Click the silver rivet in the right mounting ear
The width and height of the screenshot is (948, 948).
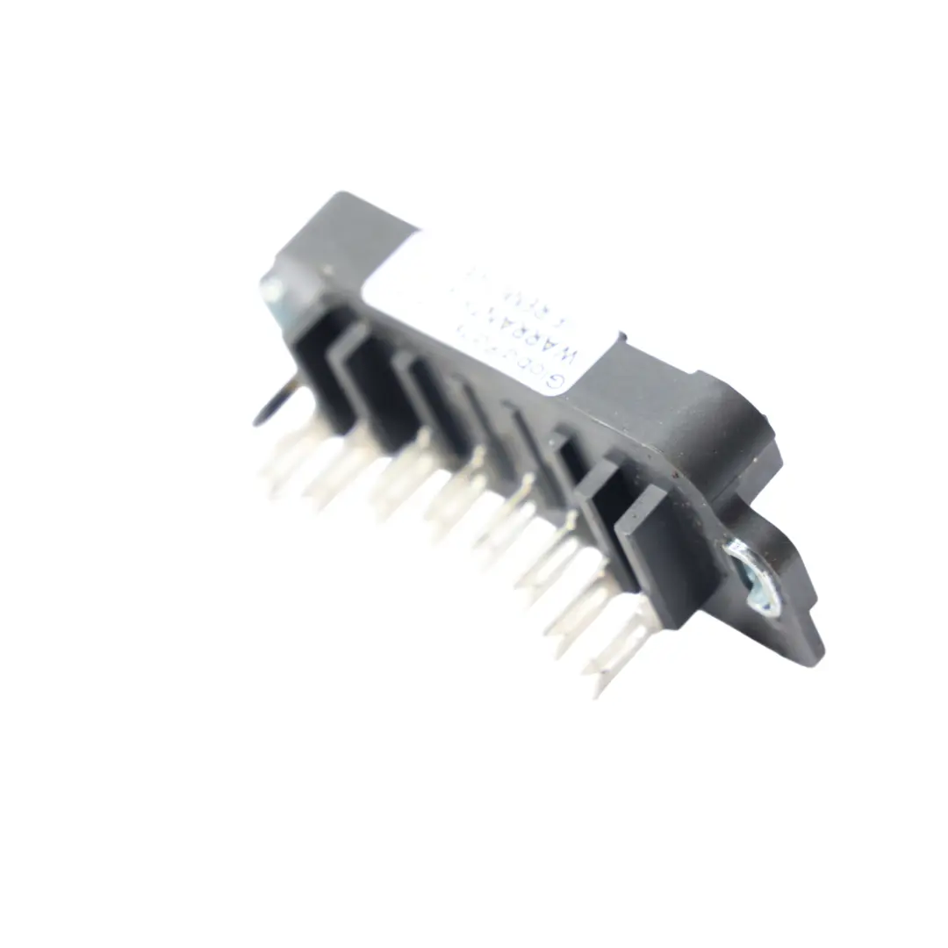coord(753,575)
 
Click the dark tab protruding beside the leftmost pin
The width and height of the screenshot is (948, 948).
coord(267,408)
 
